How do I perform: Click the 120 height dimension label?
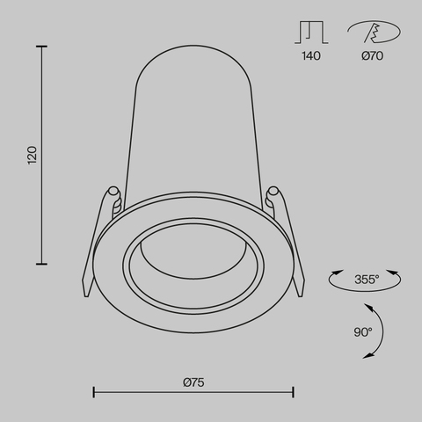[x=33, y=155]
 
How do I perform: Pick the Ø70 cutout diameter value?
[x=373, y=56]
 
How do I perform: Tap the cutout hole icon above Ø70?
[x=373, y=33]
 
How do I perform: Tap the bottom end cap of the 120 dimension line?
[x=42, y=262]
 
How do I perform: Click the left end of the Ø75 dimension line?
[x=94, y=393]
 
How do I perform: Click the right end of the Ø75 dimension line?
[x=293, y=393]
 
